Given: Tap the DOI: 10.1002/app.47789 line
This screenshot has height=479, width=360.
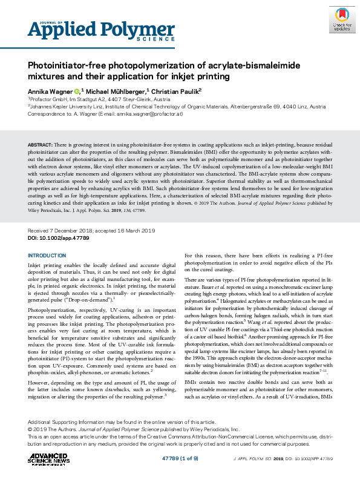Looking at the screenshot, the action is coord(59,239).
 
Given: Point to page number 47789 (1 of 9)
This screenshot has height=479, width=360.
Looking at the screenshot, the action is coord(179,460).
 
